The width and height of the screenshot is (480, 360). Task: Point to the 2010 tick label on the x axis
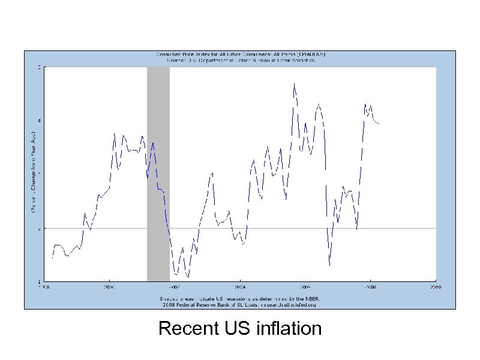[435, 287]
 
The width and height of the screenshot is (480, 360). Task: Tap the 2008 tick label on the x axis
[370, 287]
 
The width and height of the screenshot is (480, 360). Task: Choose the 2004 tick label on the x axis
[239, 287]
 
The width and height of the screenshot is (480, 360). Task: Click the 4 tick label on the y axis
[40, 120]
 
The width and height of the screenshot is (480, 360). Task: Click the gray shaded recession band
[158, 174]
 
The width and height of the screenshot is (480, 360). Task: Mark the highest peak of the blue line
[294, 83]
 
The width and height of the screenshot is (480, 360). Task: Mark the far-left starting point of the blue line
[53, 258]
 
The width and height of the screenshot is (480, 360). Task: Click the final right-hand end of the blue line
[379, 124]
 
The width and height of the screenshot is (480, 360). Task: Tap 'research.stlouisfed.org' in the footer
[288, 304]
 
